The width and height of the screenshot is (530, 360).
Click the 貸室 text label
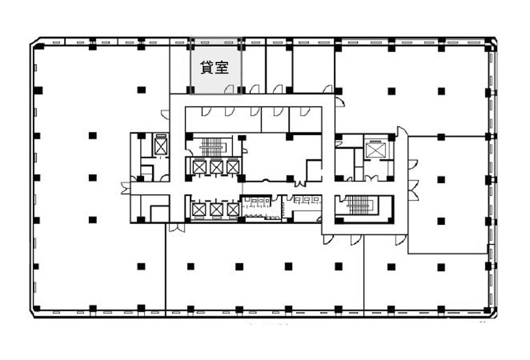coord(214,67)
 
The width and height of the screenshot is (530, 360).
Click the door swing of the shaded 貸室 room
coord(229,89)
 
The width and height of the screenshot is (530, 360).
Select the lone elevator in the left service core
coord(160,146)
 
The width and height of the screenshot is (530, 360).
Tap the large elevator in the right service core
coord(375,150)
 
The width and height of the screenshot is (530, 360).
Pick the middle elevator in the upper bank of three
coord(216,167)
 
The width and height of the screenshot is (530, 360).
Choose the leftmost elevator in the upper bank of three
coord(199,167)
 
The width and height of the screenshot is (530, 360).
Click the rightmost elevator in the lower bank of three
coord(233,209)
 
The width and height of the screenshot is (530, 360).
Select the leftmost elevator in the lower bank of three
coord(199,209)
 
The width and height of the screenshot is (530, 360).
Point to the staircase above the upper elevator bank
coord(212,147)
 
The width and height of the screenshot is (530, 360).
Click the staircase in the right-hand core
coord(360,205)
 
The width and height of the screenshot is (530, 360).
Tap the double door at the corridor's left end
coord(126,188)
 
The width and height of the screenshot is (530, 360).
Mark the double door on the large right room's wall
coord(413,190)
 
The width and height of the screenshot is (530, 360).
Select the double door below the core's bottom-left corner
coord(177,227)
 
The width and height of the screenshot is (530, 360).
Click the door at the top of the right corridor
coord(402,132)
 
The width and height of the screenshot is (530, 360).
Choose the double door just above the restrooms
coord(300,184)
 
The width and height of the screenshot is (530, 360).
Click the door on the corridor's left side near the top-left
coord(165,114)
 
